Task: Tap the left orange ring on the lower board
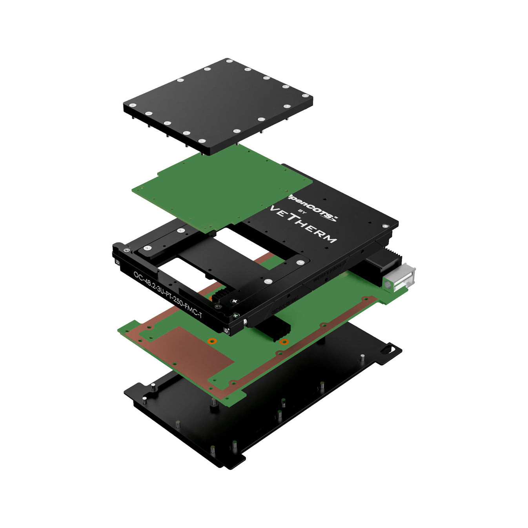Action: [x=212, y=340]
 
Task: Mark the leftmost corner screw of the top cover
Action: [x=133, y=105]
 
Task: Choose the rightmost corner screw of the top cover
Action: [x=305, y=95]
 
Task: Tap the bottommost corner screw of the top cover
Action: [x=202, y=141]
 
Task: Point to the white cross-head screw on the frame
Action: [x=235, y=301]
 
